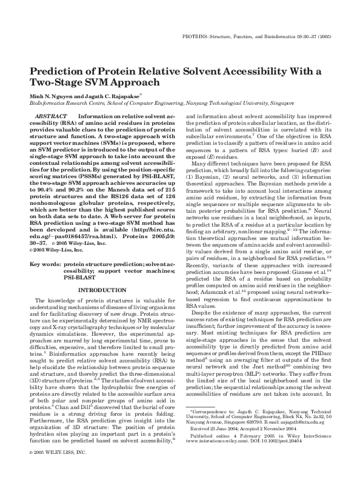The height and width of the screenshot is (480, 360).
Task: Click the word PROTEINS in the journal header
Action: [196, 37]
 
